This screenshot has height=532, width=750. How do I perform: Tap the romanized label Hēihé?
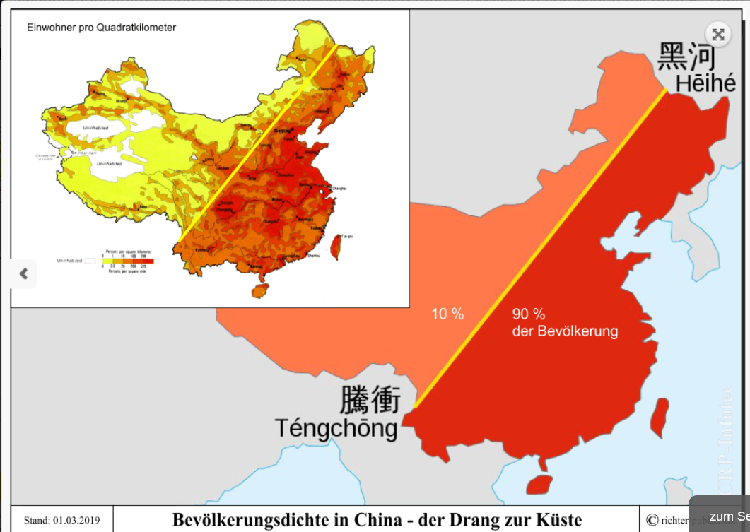(705, 83)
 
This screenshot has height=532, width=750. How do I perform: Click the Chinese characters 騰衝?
(370, 400)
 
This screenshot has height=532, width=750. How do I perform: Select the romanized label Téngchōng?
(336, 428)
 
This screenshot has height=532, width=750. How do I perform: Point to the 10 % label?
(447, 314)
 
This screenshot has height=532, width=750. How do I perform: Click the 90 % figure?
(529, 314)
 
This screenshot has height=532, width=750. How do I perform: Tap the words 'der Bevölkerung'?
(565, 331)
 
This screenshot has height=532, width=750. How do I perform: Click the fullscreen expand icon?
(718, 34)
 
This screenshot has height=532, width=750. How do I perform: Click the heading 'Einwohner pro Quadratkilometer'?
(101, 28)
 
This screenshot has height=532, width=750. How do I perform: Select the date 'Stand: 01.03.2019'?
(62, 521)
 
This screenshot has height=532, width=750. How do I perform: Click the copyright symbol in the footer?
(652, 521)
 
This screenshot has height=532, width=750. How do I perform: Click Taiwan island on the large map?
(659, 417)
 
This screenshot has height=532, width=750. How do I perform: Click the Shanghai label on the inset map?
(339, 189)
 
